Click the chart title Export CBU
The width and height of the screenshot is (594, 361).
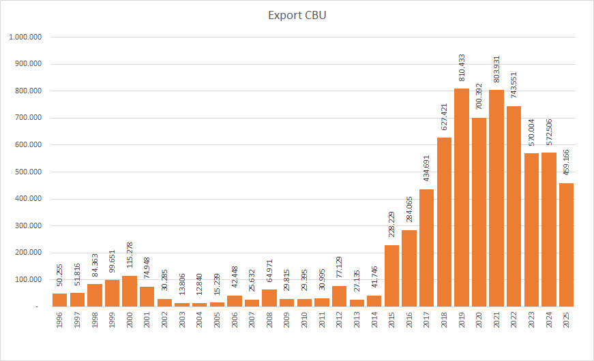297,15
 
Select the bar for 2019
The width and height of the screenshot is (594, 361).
462,198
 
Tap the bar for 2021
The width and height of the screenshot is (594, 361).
496,198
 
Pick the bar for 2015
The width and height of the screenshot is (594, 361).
392,276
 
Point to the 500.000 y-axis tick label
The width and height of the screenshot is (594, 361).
29,172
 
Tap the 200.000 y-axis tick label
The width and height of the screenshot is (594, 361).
29,253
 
